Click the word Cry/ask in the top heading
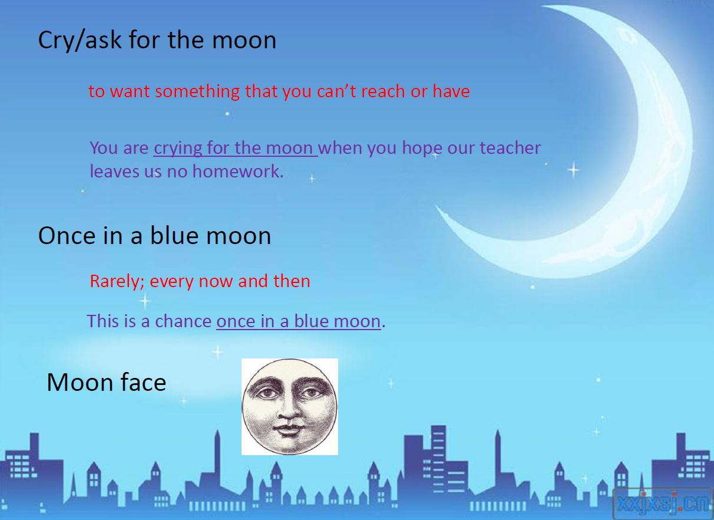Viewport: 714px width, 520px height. [80, 40]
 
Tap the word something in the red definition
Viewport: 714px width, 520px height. [197, 91]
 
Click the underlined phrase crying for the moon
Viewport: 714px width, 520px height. [236, 149]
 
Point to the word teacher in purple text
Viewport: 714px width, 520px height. [510, 148]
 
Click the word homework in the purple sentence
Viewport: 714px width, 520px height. [238, 172]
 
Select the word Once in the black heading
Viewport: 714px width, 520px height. [67, 236]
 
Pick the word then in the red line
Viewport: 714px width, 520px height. [292, 281]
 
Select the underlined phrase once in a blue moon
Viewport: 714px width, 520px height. [299, 321]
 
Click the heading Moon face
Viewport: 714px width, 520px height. [107, 382]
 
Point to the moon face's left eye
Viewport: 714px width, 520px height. [266, 393]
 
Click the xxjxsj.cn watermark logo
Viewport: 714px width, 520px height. [663, 503]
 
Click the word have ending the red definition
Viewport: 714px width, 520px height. [451, 91]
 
